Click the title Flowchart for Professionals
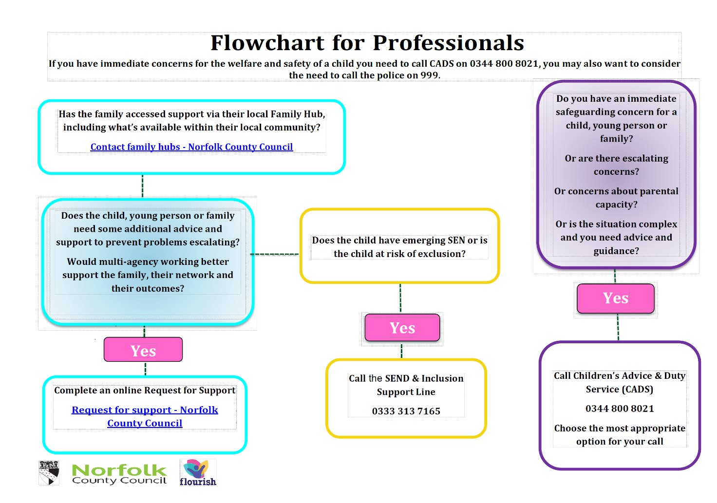pos(367,43)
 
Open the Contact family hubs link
pos(191,147)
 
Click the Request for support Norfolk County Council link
pos(145,416)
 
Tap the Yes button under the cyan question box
pos(143,350)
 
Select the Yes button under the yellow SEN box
pos(402,328)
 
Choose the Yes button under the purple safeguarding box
pos(616,298)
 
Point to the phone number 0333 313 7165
pos(406,411)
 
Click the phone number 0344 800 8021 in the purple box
pos(620,409)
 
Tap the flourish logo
pos(198,472)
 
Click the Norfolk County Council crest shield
pos(49,472)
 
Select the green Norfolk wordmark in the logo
pos(119,470)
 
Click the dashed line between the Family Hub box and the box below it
pos(142,186)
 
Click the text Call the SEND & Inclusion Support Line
pos(406,385)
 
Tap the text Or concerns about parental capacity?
pos(616,198)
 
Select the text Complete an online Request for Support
pos(145,391)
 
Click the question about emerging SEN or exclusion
pos(399,247)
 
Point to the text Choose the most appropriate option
pos(620,435)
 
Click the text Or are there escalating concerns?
pos(616,165)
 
